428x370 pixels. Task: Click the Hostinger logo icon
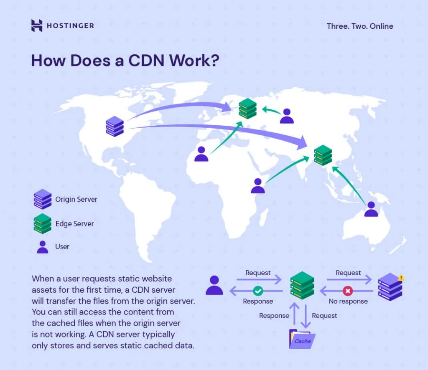coord(37,25)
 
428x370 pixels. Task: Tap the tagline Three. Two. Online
coord(360,26)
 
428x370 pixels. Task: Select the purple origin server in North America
coord(115,126)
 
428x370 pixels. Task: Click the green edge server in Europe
coord(247,108)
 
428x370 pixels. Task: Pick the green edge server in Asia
coord(323,155)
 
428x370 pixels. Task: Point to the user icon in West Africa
coord(201,154)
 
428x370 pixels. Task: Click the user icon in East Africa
coord(258,186)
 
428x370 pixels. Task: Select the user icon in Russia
coord(287,116)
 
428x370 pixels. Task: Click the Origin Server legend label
coord(76,199)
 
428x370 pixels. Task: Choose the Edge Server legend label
coord(74,224)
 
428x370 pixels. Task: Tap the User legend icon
coord(42,246)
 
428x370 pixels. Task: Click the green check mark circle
coord(258,290)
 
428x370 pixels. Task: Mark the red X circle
coord(348,290)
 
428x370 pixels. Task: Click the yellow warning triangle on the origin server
coord(401,277)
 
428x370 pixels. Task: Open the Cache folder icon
coord(302,339)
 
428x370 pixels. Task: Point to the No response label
coord(348,301)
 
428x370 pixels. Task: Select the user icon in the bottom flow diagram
coord(214,285)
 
